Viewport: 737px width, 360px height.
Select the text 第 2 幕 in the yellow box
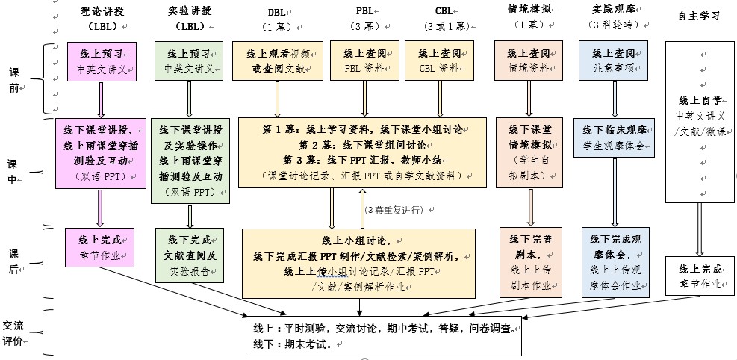tap(313, 145)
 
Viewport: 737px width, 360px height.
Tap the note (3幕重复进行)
tap(396, 210)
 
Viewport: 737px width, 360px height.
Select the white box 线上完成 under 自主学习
tap(700, 276)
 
